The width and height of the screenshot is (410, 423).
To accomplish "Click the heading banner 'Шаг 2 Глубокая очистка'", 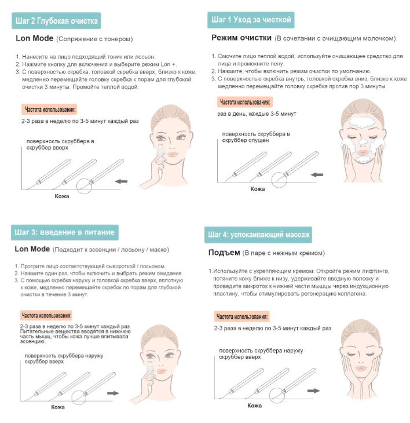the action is [x=56, y=21].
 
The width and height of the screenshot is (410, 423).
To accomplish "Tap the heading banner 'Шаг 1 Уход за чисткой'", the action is [x=251, y=20].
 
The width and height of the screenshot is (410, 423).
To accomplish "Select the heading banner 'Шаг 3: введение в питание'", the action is [x=65, y=232].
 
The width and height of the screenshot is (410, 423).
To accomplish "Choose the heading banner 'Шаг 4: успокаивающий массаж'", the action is [x=258, y=235].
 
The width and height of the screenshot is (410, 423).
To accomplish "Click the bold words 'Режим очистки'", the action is [x=241, y=38].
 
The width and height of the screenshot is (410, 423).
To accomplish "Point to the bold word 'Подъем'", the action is [x=224, y=253].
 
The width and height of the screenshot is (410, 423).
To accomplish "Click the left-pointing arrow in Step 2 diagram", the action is [x=121, y=181].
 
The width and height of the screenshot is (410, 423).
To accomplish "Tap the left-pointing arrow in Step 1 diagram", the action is [x=317, y=175].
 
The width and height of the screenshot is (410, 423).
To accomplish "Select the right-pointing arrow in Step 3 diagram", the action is [x=113, y=393].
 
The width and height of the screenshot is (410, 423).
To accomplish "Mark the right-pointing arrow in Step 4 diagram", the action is [x=313, y=391].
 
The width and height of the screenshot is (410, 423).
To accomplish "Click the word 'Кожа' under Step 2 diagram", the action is [x=62, y=196].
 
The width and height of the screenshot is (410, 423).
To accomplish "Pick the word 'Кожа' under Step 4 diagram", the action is [x=254, y=406].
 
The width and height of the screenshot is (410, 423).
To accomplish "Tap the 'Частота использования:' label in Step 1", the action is [x=245, y=102].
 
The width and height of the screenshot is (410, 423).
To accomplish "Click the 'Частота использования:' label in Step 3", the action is [x=46, y=315].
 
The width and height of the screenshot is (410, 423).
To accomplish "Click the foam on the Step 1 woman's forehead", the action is [x=361, y=122].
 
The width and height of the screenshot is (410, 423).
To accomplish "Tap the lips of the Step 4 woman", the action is [x=361, y=368].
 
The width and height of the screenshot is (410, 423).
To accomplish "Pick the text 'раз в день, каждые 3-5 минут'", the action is [x=257, y=114].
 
